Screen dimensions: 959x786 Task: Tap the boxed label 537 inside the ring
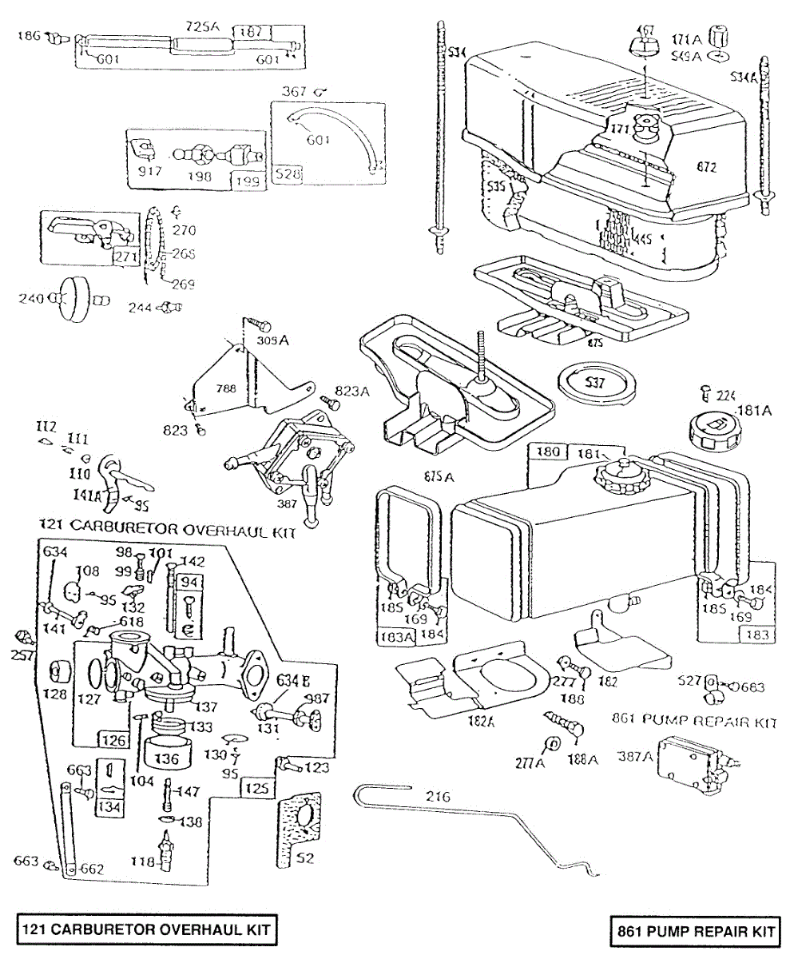click(x=596, y=381)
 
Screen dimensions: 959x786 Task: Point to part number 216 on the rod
click(x=438, y=796)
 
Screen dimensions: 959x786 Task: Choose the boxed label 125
click(x=256, y=788)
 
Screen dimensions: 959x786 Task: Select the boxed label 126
click(x=113, y=740)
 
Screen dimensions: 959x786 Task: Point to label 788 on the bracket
click(x=227, y=390)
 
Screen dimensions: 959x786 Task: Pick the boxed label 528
click(x=285, y=173)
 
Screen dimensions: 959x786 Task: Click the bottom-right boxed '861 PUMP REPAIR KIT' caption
click(x=694, y=930)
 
